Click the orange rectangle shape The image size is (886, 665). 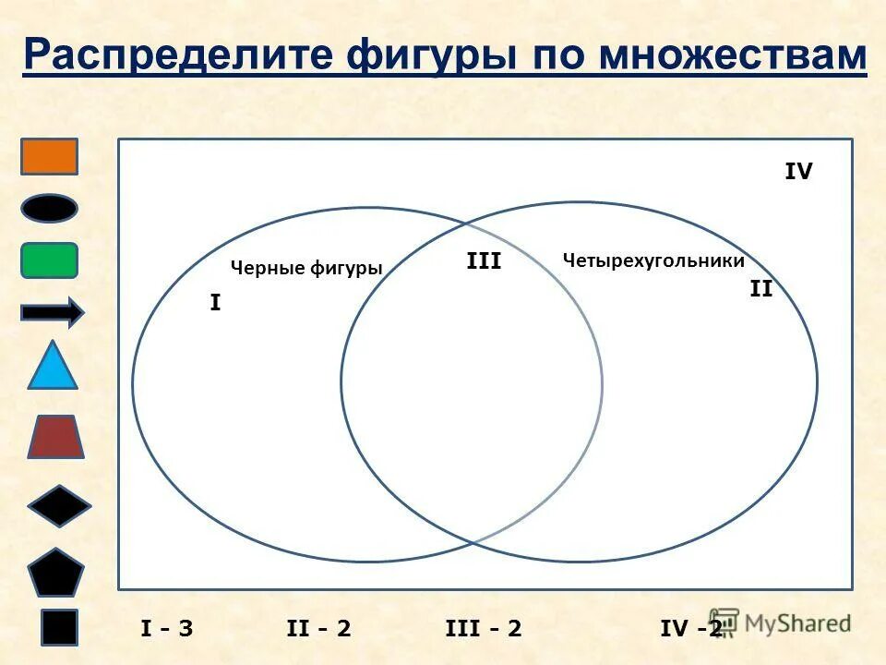(x=50, y=156)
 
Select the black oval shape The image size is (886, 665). (x=50, y=208)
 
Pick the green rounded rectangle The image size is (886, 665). (x=50, y=260)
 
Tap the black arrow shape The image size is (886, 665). (x=52, y=313)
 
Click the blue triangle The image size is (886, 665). (x=53, y=367)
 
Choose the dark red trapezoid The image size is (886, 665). (x=55, y=437)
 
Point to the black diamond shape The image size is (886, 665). (x=59, y=505)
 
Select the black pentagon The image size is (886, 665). (x=55, y=573)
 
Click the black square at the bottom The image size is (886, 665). (x=59, y=626)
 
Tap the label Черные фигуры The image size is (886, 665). (x=305, y=268)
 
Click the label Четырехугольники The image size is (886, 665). (x=653, y=260)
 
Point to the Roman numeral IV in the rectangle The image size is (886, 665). (x=798, y=172)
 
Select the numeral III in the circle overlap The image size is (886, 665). (x=484, y=261)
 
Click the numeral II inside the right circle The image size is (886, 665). (x=760, y=289)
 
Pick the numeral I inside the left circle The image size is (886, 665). (x=215, y=302)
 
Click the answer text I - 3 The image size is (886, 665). (x=167, y=628)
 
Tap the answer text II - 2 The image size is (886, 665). (x=318, y=628)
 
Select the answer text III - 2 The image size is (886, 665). (x=484, y=628)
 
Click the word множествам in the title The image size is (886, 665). (x=733, y=55)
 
